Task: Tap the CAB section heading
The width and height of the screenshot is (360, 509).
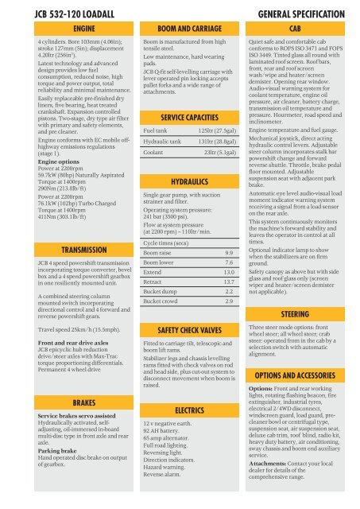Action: point(300,27)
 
